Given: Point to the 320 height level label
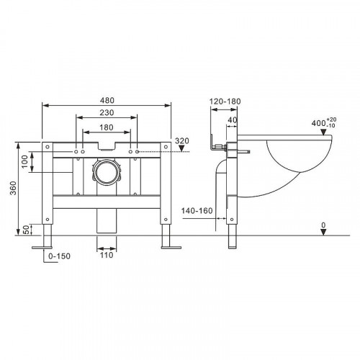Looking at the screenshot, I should click(181, 142).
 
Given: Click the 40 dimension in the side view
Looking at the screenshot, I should click(232, 121).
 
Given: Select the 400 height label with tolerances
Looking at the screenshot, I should click(315, 122).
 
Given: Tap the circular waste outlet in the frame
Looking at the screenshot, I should click(107, 174).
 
